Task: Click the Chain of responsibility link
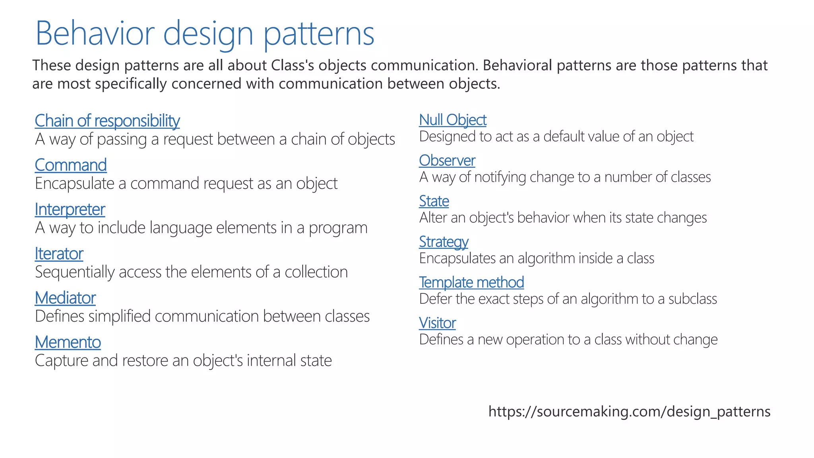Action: pyautogui.click(x=107, y=121)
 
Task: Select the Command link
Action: pyautogui.click(x=71, y=165)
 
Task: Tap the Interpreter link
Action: pyautogui.click(x=70, y=210)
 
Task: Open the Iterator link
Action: pyautogui.click(x=59, y=254)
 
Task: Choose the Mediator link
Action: pyautogui.click(x=66, y=298)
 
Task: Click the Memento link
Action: pyautogui.click(x=68, y=342)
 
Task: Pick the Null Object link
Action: pyautogui.click(x=453, y=120)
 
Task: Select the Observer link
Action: pyautogui.click(x=447, y=161)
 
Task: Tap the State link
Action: pyautogui.click(x=434, y=201)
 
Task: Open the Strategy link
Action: pyautogui.click(x=444, y=242)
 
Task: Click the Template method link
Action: pyautogui.click(x=471, y=282)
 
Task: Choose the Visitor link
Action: pyautogui.click(x=437, y=323)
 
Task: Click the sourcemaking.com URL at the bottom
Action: pyautogui.click(x=629, y=411)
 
